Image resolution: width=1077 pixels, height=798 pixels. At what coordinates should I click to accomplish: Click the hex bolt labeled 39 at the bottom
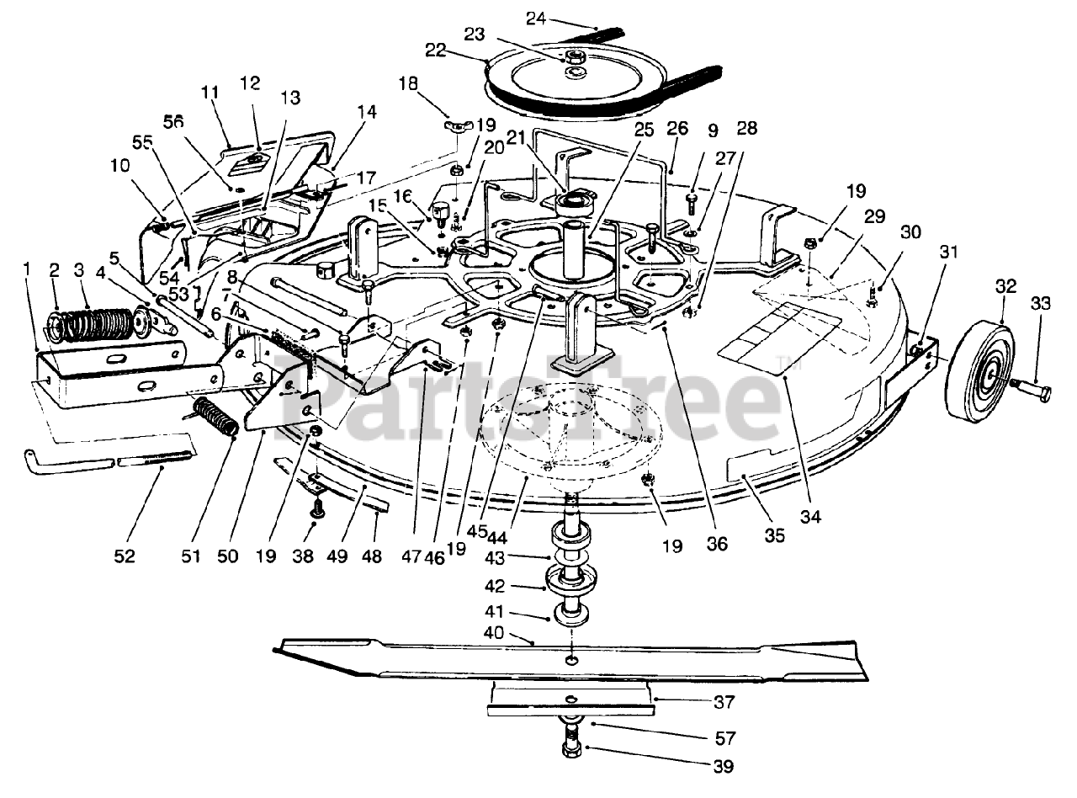571,746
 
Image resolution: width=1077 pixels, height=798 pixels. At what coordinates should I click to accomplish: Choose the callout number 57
724,738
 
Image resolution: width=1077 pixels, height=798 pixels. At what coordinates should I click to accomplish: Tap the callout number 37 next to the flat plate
724,701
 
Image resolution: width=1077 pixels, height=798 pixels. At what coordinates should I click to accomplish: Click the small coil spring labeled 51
215,417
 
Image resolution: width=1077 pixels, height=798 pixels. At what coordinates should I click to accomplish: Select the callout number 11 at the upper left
210,92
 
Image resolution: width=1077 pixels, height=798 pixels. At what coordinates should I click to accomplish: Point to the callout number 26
677,129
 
